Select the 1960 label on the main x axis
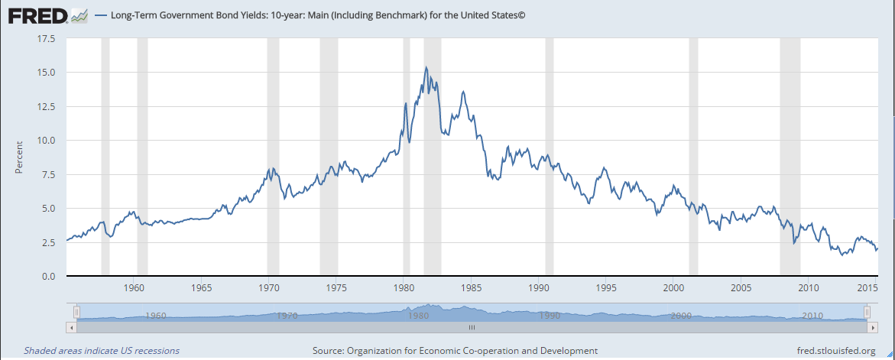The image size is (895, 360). point(135,288)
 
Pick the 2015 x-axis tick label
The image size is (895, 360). point(867,288)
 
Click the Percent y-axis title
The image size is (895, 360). point(20,157)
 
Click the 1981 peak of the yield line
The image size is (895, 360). point(426,67)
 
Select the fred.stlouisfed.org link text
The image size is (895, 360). point(835,351)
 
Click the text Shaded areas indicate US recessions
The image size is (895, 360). point(102,351)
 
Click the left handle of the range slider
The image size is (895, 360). point(76,312)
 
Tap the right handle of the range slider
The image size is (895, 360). point(867,312)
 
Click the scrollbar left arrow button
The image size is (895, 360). point(72,326)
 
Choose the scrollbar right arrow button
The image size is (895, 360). point(872,326)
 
